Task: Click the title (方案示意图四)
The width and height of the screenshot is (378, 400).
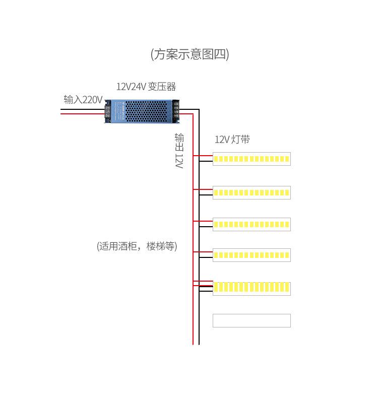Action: point(190,54)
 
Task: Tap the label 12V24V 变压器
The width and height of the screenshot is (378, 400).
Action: point(146,87)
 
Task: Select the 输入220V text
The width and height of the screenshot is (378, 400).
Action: point(83,100)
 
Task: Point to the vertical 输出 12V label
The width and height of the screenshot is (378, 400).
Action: point(179,150)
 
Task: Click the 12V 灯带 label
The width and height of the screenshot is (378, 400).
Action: point(232,140)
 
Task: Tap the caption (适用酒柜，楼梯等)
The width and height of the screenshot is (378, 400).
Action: point(137,246)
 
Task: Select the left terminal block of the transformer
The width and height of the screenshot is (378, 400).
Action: point(108,111)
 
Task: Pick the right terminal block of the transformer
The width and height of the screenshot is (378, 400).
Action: point(175,111)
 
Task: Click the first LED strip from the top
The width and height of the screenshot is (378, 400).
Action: point(251,159)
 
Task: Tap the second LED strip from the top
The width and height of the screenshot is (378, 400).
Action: point(251,192)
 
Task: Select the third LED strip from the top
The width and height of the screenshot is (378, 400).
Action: point(251,224)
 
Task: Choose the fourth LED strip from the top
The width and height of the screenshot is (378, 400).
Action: point(251,255)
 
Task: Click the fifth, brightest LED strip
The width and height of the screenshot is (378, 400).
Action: point(251,288)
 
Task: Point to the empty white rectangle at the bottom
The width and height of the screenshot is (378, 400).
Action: point(251,320)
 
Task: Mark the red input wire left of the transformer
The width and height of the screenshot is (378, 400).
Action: point(81,114)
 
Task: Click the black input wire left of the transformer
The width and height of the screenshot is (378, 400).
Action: point(81,109)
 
